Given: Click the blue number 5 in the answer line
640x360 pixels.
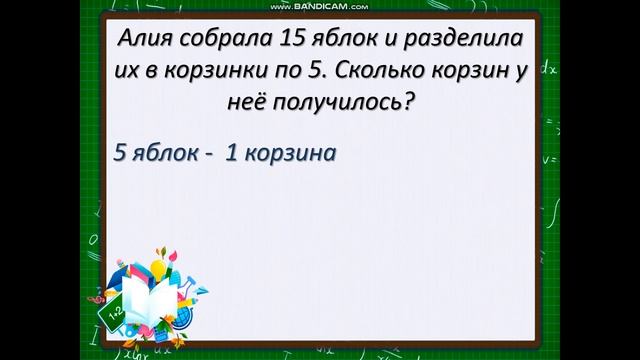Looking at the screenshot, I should coord(121,155).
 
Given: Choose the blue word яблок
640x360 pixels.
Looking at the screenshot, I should coord(164,155).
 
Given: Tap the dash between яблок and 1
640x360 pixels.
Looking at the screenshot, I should coord(210,156).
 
